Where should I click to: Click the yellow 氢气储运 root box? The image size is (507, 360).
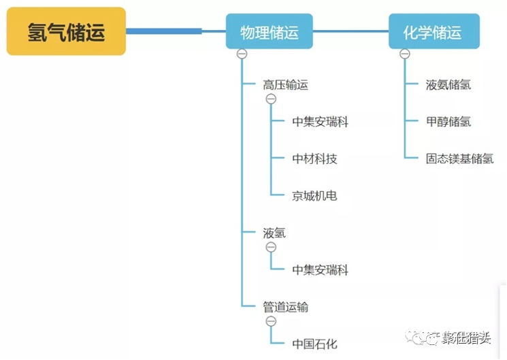66,31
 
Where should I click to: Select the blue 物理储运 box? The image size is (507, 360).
269,31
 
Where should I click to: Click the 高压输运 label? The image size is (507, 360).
286,85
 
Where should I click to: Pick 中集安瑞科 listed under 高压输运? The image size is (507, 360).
320,122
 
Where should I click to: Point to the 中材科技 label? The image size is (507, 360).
314,159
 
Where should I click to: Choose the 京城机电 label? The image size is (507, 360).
314,196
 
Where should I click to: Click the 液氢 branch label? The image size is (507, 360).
274,233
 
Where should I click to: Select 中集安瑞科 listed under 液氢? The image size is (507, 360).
320,270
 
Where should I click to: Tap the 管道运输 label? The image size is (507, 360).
286,307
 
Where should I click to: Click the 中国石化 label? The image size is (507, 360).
314,344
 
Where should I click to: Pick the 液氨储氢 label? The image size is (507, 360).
448,85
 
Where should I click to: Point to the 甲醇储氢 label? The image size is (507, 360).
448,122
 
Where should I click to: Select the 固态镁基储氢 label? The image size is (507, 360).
459,159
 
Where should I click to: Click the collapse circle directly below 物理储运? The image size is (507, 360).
242,54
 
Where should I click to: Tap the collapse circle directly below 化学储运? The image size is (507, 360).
405,54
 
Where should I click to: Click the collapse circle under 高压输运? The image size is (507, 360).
271,99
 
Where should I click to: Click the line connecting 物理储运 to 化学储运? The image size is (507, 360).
350,31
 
